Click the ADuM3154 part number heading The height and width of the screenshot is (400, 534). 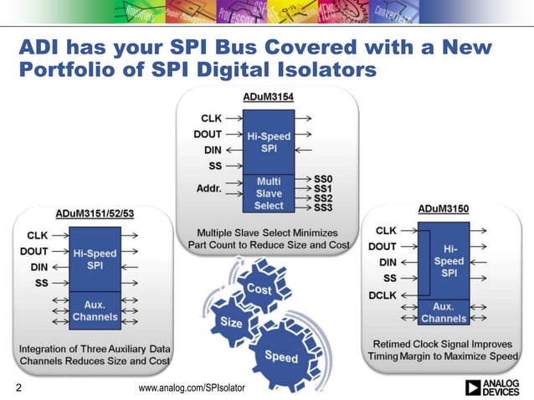coord(268,97)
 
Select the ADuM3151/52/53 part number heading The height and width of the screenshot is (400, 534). coord(94,214)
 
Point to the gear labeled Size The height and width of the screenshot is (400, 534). coord(231,321)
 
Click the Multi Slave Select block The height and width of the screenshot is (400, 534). coord(269,192)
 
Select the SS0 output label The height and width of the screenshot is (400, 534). coord(324,178)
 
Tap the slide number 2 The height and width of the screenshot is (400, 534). coord(18,387)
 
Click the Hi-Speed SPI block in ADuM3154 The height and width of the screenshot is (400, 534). coord(269,141)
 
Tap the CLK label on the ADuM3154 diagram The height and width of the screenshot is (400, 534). coord(211,119)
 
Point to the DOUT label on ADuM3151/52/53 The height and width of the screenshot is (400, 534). coord(33,250)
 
